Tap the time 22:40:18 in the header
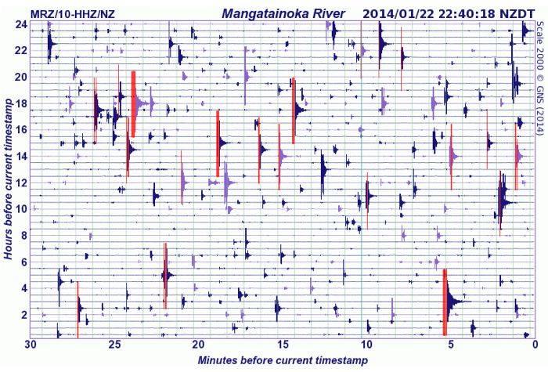[469, 13]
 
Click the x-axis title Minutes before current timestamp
[283, 360]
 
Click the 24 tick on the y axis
[22, 24]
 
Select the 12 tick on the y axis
[22, 182]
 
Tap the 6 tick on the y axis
[25, 262]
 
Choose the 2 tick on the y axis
[25, 315]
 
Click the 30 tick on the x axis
[31, 345]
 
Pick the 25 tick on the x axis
[115, 345]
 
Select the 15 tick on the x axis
[283, 345]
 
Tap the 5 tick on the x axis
[451, 345]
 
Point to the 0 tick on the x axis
[535, 345]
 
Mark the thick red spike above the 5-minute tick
[445, 302]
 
